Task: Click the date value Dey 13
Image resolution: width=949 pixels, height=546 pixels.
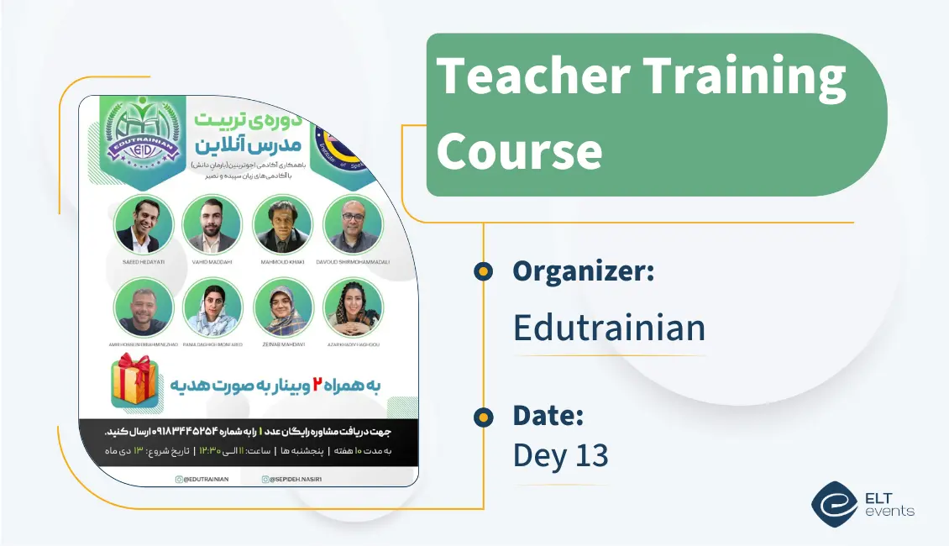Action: coord(560,454)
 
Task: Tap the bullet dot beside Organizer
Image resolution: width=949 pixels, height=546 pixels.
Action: coord(483,270)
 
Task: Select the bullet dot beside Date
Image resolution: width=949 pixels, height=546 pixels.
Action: coord(483,415)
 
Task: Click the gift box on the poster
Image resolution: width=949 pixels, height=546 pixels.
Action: coord(135,381)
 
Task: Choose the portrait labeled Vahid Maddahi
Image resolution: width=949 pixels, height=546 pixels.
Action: coord(212,224)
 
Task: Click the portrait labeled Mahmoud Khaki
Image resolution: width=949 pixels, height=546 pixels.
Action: coord(282,224)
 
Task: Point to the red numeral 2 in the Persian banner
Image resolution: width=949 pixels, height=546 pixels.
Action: coord(318,384)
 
